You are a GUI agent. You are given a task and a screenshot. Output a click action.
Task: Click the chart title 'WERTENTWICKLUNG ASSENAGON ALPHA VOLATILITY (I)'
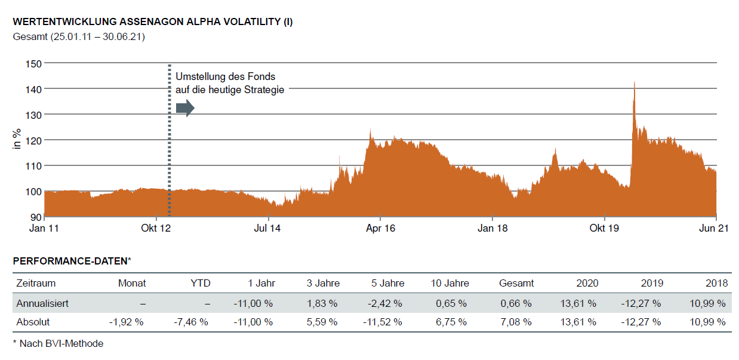152,22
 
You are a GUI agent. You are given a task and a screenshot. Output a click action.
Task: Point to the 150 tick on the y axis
33,63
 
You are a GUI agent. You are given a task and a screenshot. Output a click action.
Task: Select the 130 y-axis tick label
33,114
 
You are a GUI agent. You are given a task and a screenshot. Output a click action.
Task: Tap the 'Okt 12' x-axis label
156,228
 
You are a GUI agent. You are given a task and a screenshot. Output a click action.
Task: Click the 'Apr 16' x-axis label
380,228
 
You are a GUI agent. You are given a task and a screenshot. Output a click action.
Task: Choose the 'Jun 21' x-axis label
715,228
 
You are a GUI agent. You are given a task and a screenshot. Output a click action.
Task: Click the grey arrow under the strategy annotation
185,107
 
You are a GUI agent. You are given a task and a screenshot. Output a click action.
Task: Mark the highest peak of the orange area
634,83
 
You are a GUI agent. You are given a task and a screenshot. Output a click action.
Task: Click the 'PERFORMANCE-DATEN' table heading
70,261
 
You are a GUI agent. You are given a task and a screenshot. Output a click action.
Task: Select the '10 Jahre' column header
449,283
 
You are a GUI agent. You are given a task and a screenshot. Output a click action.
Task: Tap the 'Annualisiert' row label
42,303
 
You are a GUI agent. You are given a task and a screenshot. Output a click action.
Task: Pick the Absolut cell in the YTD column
191,322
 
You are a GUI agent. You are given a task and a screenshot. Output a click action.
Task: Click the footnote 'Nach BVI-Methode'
61,343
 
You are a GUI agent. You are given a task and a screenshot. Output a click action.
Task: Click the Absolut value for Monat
127,322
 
